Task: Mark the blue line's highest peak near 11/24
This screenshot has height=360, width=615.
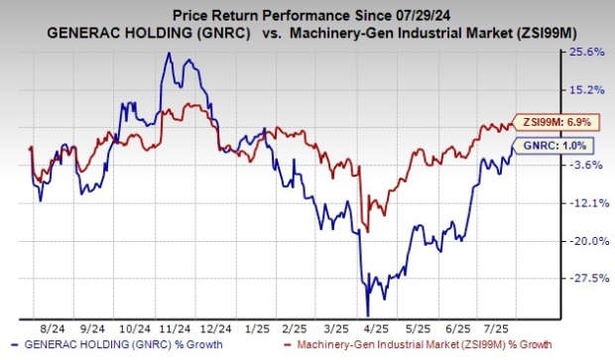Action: (168, 54)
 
